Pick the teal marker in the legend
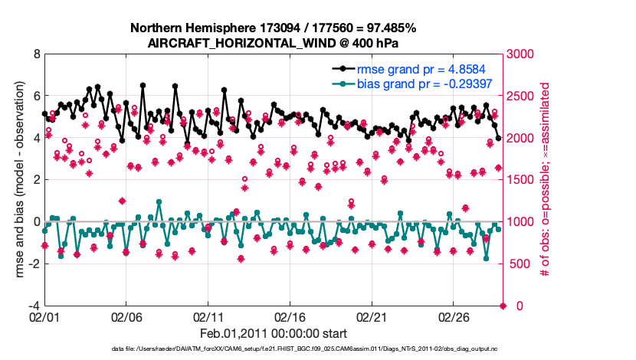point(343,83)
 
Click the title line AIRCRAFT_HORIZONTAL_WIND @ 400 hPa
point(273,43)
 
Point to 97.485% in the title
point(389,28)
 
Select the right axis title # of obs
point(546,181)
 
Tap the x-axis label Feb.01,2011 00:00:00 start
point(273,334)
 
